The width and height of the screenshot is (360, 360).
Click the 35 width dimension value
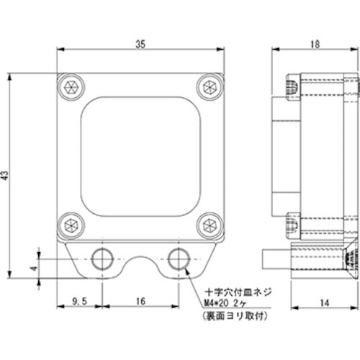[140, 44]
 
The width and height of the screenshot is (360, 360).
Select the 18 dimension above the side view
[315, 44]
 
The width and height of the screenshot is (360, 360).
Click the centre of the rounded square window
[140, 155]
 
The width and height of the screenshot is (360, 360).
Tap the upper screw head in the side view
[292, 86]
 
